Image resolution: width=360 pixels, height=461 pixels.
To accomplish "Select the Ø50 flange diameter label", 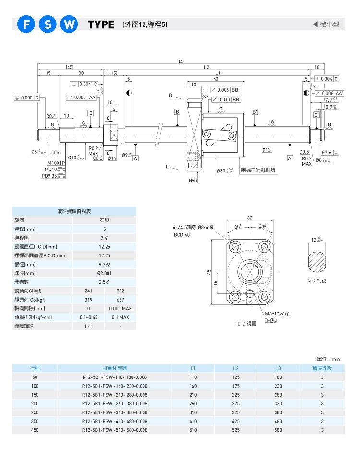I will [x=193, y=181].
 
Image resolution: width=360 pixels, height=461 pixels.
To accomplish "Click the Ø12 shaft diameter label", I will [x=267, y=150].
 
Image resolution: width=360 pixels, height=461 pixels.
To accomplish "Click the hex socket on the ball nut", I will [x=233, y=135].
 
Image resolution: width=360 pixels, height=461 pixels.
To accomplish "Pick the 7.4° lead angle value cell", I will [x=104, y=238].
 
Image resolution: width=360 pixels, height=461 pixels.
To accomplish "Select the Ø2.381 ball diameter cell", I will [x=104, y=273].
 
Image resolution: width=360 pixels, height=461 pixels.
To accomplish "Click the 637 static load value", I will [x=120, y=299].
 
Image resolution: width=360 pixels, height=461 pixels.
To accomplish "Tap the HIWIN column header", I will [x=115, y=368].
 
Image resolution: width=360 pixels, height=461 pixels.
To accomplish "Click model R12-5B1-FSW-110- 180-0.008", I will [x=115, y=377].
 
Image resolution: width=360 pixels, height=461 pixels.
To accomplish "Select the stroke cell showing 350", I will [x=35, y=421].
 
